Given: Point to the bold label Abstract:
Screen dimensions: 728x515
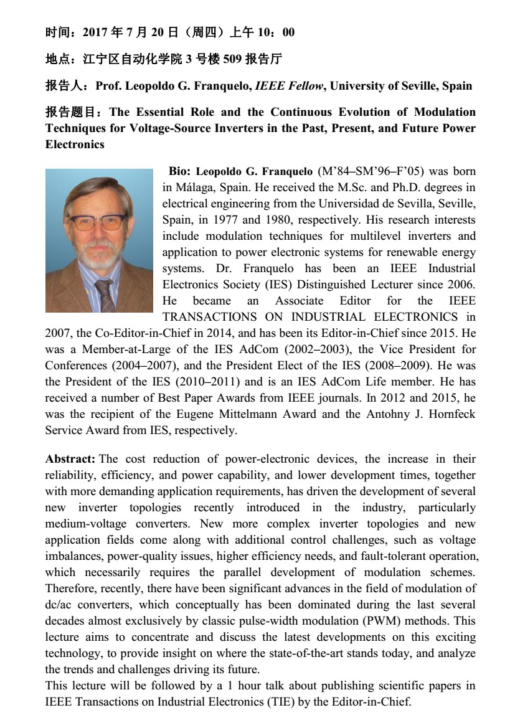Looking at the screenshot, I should point(70,459).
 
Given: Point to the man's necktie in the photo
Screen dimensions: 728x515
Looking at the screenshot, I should point(106,296).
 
